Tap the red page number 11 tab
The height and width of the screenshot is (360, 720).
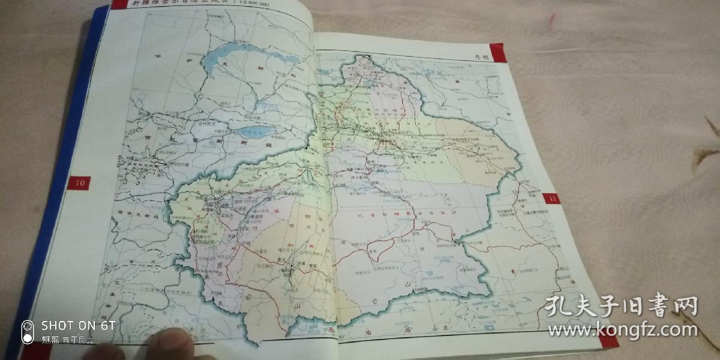[x=551, y=199]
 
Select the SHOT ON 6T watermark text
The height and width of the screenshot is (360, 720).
[x=78, y=325]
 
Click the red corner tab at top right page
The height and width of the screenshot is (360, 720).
[x=498, y=52]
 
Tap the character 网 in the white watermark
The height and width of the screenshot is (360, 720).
[x=685, y=307]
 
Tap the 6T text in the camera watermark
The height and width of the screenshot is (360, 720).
[x=108, y=325]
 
